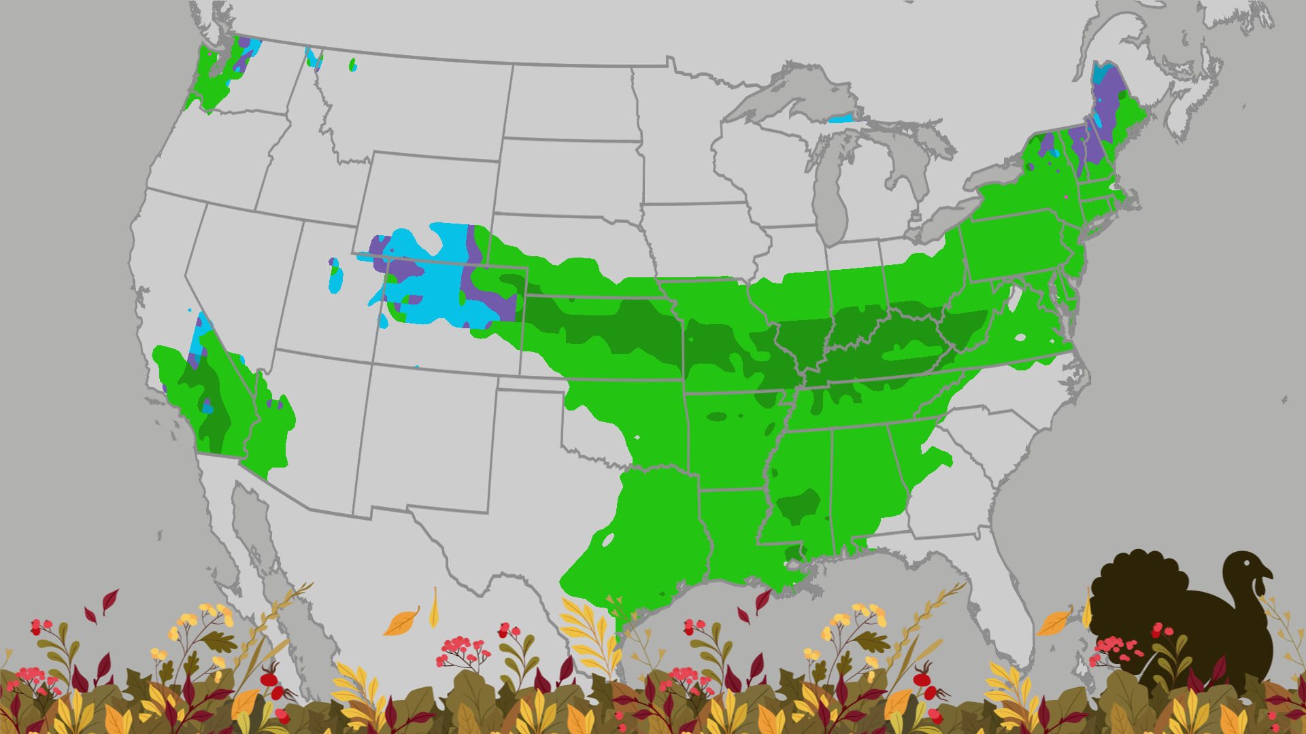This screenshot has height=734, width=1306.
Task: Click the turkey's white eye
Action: click(1247, 563)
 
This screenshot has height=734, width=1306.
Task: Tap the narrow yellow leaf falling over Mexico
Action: click(434, 608)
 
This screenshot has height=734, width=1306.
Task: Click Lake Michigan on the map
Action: click(831, 197)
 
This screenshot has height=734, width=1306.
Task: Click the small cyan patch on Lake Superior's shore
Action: click(841, 120)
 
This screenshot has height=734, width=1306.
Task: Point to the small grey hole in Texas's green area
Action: click(608, 540)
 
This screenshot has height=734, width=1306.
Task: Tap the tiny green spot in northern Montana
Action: click(352, 65)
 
